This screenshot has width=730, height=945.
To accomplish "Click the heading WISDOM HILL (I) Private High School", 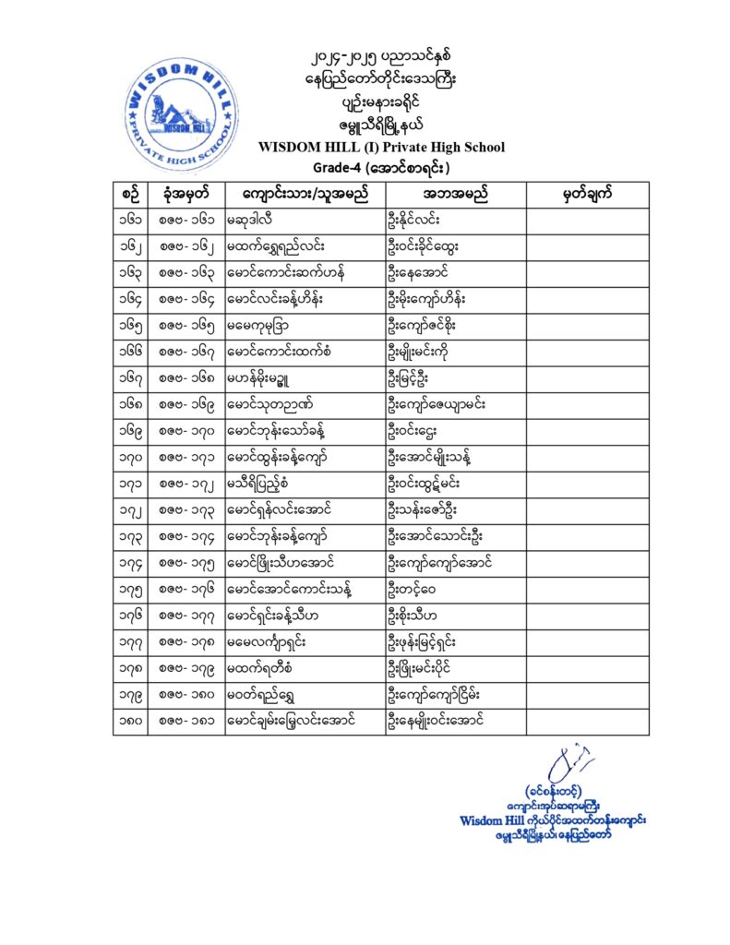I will pyautogui.click(x=381, y=148).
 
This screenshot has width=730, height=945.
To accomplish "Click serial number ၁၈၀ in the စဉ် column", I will pyautogui.click(x=131, y=719).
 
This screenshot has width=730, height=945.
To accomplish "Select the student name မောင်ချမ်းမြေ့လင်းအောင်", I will pyautogui.click(x=291, y=719).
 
